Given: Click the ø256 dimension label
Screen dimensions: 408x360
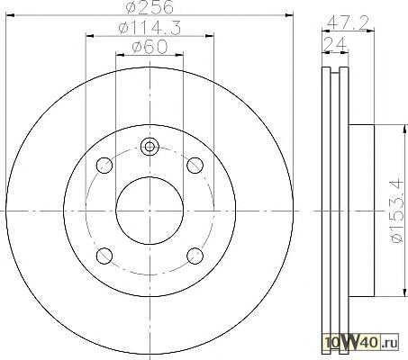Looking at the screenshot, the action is [150, 7].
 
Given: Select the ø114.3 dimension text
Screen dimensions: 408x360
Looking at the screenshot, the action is [150, 28].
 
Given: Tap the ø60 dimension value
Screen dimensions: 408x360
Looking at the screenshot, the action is [150, 47].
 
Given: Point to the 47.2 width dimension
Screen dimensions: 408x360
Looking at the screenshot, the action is [348, 22].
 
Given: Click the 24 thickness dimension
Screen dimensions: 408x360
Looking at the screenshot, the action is [335, 44].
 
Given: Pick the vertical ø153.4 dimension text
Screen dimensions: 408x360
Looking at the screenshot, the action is [395, 211].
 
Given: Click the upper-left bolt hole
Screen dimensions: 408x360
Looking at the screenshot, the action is [104, 165].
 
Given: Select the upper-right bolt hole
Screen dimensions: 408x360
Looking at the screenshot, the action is [195, 165].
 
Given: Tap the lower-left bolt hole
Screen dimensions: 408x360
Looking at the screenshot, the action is [104, 256].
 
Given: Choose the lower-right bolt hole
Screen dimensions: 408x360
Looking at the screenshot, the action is [195, 256].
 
